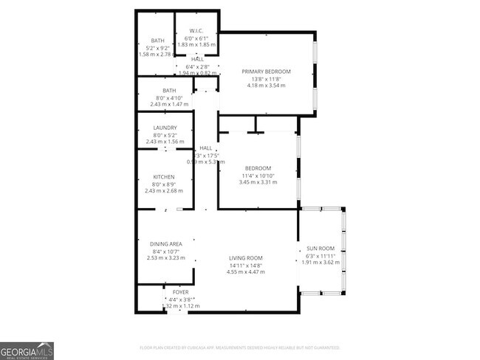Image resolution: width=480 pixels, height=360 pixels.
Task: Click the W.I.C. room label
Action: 196,31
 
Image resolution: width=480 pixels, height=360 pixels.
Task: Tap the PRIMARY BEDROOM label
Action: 267,72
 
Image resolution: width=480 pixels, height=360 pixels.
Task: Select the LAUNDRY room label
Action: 165,128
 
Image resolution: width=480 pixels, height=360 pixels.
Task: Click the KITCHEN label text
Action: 164,177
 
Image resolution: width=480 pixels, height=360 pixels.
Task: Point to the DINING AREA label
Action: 166,244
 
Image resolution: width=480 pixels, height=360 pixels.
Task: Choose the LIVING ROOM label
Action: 244,259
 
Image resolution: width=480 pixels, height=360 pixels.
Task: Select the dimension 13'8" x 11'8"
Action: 267,79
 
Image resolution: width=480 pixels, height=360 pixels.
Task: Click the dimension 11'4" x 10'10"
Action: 258,175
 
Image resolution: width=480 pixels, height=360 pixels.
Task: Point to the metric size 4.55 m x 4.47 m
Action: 244,272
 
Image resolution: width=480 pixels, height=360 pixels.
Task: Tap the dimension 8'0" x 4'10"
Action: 165,98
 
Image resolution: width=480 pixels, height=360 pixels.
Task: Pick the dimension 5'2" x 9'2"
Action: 158,47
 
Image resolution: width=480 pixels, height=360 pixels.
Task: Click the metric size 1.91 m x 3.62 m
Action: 321,262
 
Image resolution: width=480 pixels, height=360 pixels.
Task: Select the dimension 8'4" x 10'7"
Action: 166,252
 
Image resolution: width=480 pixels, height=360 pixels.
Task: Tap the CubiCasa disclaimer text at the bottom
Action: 239,347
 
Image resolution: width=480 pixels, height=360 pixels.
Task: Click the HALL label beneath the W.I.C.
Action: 197,59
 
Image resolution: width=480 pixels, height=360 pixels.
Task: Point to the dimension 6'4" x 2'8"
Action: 197,66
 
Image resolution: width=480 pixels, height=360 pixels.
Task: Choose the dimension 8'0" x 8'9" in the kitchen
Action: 164,184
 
